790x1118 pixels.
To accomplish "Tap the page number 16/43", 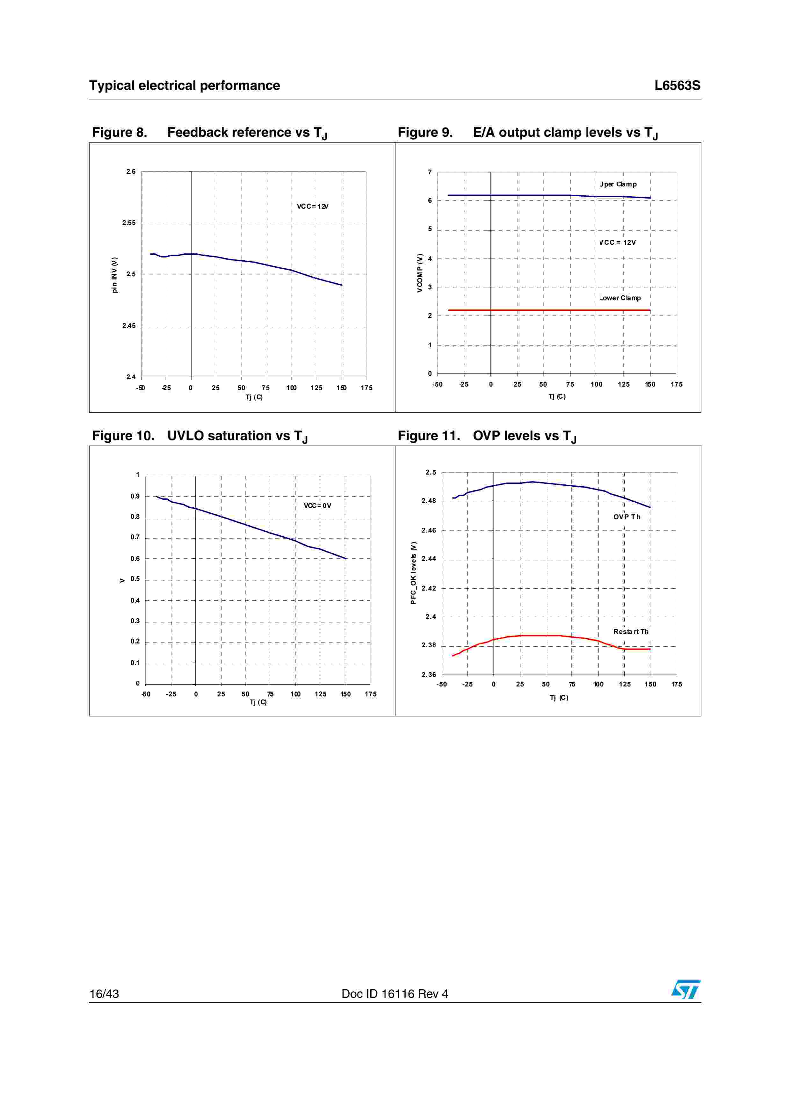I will pos(104,994).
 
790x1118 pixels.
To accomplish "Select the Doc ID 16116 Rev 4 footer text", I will pos(395,994).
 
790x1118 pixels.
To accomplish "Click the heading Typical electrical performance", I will pos(185,86).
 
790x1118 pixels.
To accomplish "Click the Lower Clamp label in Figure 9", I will pos(620,298).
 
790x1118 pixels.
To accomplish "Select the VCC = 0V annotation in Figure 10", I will pos(317,505).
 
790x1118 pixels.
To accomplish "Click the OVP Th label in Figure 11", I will pos(627,517).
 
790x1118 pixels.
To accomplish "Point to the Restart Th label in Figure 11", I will pos(630,632).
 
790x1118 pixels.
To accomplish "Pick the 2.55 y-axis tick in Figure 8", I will pos(129,223).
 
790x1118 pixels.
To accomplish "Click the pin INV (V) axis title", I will pos(114,275).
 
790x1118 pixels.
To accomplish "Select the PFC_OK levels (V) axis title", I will pos(413,573).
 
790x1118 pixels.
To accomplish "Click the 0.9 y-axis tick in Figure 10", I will pos(135,496).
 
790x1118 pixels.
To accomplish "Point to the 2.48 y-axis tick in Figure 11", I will pos(429,501).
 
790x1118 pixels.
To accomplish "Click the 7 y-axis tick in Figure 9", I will pos(430,172).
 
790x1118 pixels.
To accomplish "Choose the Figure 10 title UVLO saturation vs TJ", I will pos(199,436).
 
